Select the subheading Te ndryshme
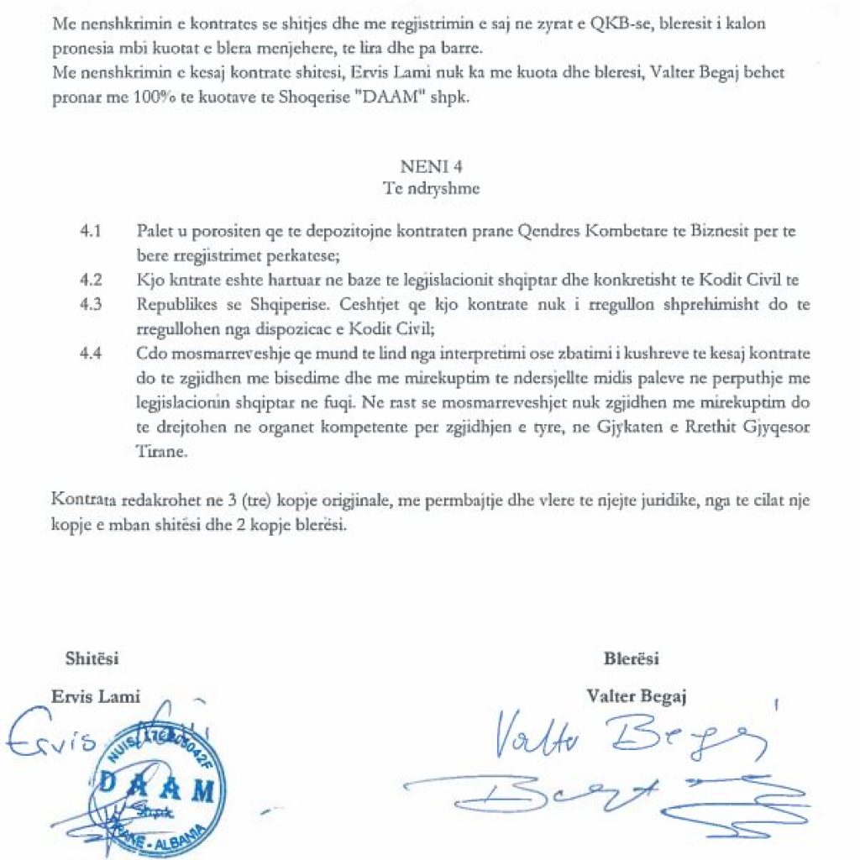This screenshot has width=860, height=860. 431,188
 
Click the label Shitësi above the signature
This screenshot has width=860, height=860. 92,658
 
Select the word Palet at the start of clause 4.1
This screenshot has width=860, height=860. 152,230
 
